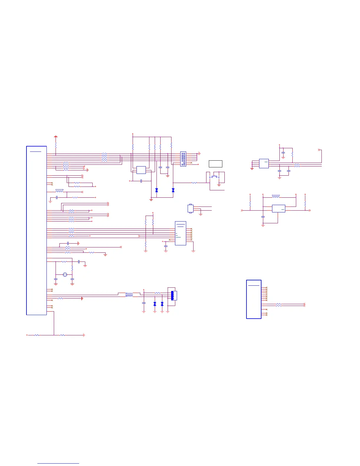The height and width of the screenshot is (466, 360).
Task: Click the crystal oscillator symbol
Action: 65,275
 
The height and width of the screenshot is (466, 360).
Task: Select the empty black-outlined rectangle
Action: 215,164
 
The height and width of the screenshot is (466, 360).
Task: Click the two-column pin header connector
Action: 183,159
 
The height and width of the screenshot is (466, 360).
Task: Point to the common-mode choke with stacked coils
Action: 129,294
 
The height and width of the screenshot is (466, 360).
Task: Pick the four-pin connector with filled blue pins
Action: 174,296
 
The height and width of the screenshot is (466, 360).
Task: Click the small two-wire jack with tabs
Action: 190,208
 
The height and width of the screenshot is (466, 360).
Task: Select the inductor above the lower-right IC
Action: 276,196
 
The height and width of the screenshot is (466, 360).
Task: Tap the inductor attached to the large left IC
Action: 59,191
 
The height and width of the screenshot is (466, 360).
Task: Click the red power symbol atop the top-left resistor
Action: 56,137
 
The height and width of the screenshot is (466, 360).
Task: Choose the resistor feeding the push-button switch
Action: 194,183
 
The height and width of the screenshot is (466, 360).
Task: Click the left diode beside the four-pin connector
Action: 155,304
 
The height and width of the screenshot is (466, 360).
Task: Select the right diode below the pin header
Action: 173,190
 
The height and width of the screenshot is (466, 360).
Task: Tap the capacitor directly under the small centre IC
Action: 141,181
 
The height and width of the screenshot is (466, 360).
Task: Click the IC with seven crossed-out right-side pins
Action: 180,233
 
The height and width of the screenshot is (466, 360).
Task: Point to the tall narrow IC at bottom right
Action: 254,299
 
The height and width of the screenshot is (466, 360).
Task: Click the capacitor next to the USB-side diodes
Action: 144,303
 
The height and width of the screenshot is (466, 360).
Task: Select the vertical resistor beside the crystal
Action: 72,268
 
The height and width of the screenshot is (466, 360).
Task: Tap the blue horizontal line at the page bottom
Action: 58,464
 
